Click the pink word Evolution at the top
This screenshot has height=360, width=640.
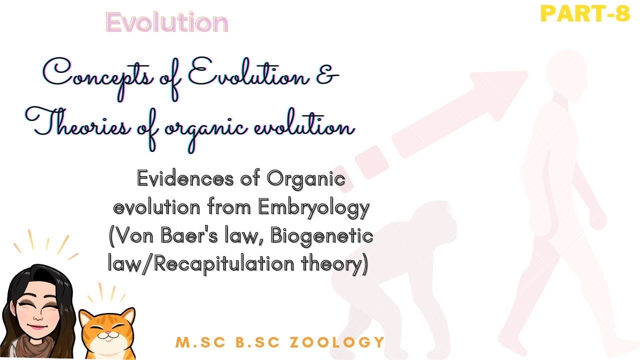pyautogui.click(x=167, y=23)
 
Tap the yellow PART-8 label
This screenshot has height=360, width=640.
pyautogui.click(x=585, y=14)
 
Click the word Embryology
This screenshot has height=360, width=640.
pyautogui.click(x=313, y=206)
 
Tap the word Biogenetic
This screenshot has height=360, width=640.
pyautogui.click(x=322, y=234)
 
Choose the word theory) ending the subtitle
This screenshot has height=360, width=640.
pyautogui.click(x=339, y=262)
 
